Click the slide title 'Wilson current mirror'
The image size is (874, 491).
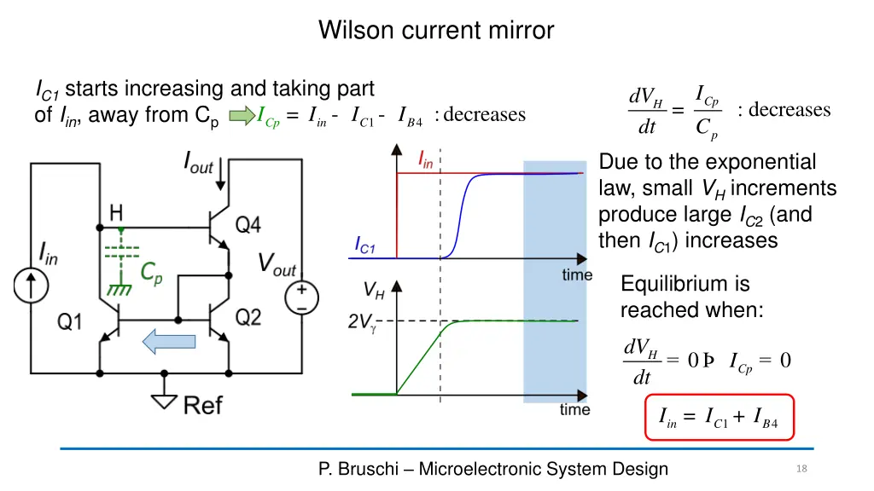click(436, 31)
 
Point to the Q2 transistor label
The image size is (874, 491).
click(248, 318)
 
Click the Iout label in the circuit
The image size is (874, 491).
click(198, 162)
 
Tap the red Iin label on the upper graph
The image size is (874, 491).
click(425, 159)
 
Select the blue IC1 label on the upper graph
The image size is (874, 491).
click(364, 246)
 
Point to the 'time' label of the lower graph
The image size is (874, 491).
click(574, 410)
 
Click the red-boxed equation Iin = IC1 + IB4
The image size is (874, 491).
click(719, 418)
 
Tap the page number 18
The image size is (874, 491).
click(801, 469)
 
